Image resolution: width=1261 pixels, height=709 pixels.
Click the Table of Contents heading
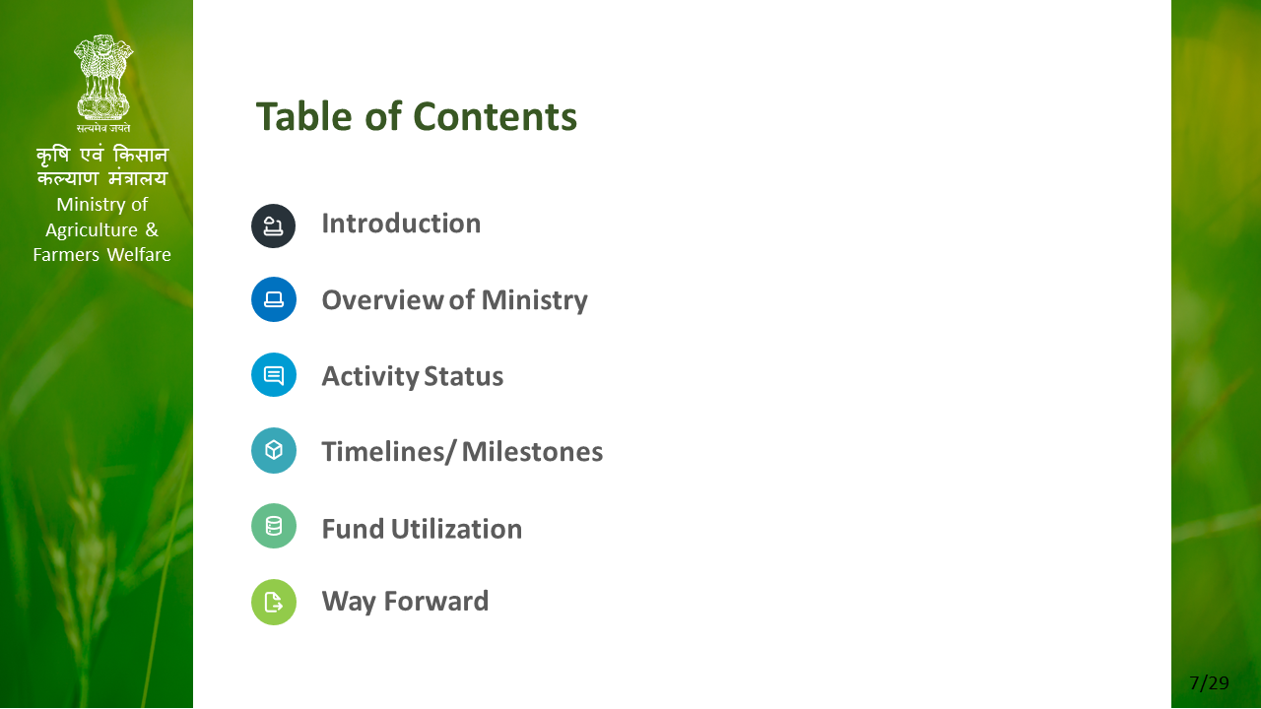pyautogui.click(x=417, y=116)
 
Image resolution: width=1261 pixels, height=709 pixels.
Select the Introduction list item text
pyautogui.click(x=401, y=224)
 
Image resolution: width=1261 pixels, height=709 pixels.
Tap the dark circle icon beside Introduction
pyautogui.click(x=274, y=226)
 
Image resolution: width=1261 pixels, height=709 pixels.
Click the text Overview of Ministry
pyautogui.click(x=455, y=300)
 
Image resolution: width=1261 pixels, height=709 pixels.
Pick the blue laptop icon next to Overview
pyautogui.click(x=274, y=299)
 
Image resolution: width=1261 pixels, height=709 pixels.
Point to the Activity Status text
pyautogui.click(x=413, y=376)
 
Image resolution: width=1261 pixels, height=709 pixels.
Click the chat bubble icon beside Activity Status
pyautogui.click(x=274, y=375)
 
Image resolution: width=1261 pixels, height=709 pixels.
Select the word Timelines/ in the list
pyautogui.click(x=388, y=452)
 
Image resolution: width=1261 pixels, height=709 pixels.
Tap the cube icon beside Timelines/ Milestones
pyautogui.click(x=274, y=450)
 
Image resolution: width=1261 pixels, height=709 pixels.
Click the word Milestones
pyautogui.click(x=533, y=452)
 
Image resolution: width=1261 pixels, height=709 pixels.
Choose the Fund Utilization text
pyautogui.click(x=423, y=529)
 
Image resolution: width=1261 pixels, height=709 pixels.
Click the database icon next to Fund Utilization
pyautogui.click(x=274, y=526)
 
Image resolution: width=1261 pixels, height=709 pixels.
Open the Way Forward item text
pyautogui.click(x=405, y=602)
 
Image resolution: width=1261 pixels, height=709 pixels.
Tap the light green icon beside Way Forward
pyautogui.click(x=274, y=602)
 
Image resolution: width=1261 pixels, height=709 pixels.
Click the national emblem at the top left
pyautogui.click(x=103, y=77)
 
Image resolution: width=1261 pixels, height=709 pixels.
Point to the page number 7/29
pyautogui.click(x=1209, y=683)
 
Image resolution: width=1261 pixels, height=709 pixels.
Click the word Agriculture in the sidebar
pyautogui.click(x=92, y=230)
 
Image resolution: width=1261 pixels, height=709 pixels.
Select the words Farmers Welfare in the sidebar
pyautogui.click(x=101, y=255)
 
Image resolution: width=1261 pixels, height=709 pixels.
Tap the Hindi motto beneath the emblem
pyautogui.click(x=103, y=128)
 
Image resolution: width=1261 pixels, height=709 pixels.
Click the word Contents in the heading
pyautogui.click(x=496, y=116)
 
